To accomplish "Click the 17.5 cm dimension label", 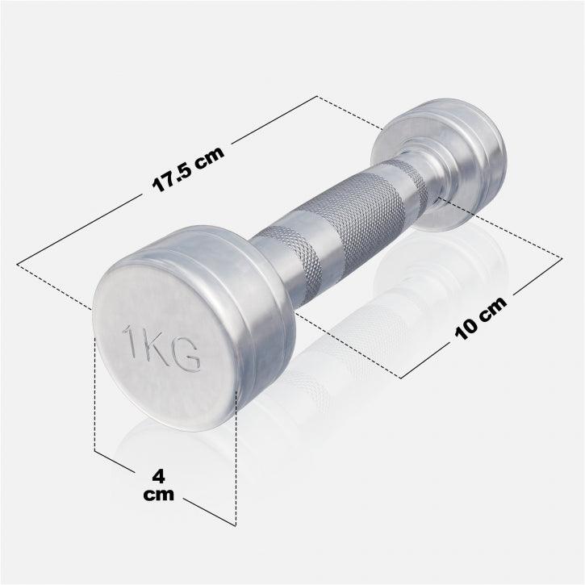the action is [x=188, y=169].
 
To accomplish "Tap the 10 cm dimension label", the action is [x=481, y=317].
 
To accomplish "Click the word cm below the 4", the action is [x=159, y=495].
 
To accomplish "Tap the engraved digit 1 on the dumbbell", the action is [x=132, y=341].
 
